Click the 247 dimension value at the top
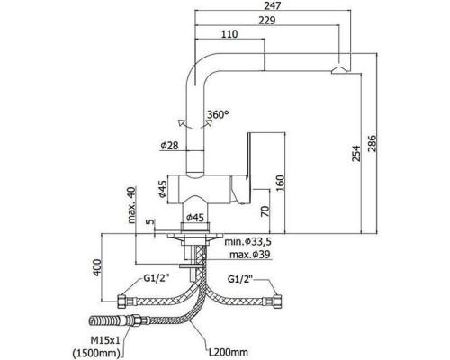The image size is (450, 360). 273,5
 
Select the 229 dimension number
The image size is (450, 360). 266,21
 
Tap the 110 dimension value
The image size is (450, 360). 229,34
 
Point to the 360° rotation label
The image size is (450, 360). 218,114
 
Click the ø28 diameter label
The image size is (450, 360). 169,146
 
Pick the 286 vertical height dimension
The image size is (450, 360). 372,143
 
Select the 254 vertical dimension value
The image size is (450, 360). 356,153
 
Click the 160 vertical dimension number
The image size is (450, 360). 279,184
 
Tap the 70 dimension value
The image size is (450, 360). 265,211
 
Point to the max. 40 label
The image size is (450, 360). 131,205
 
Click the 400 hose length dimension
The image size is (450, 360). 97,267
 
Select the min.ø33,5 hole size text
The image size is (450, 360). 246,241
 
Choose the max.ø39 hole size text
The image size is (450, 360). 250,255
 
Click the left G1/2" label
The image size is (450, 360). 157,279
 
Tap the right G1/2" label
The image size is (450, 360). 241,279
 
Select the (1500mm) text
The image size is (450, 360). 96,353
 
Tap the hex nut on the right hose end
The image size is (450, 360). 277,301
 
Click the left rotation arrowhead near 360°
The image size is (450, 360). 181,122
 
